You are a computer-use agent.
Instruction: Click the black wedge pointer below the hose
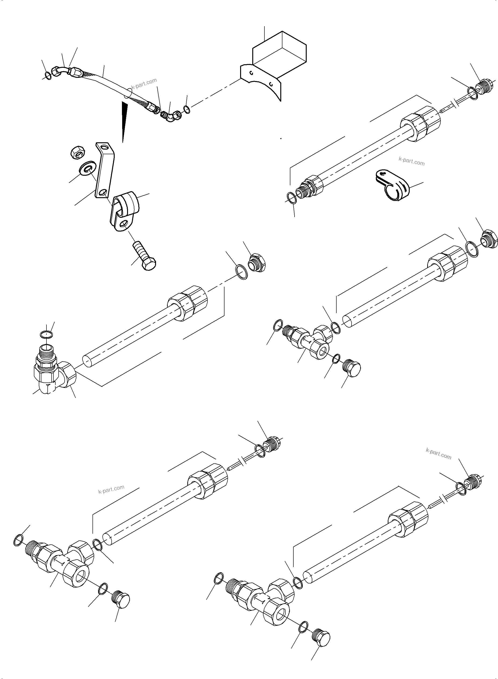point(124,121)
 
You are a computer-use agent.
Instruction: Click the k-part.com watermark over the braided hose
point(144,83)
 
